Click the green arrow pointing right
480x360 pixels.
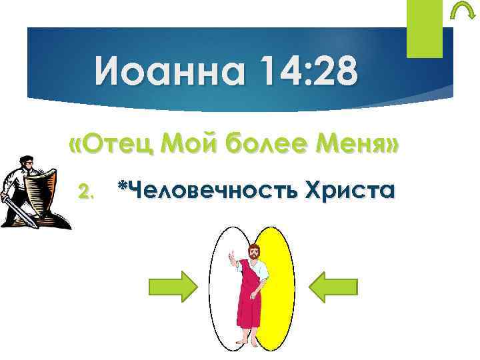click(x=172, y=287)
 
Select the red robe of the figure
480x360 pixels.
click(x=248, y=300)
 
